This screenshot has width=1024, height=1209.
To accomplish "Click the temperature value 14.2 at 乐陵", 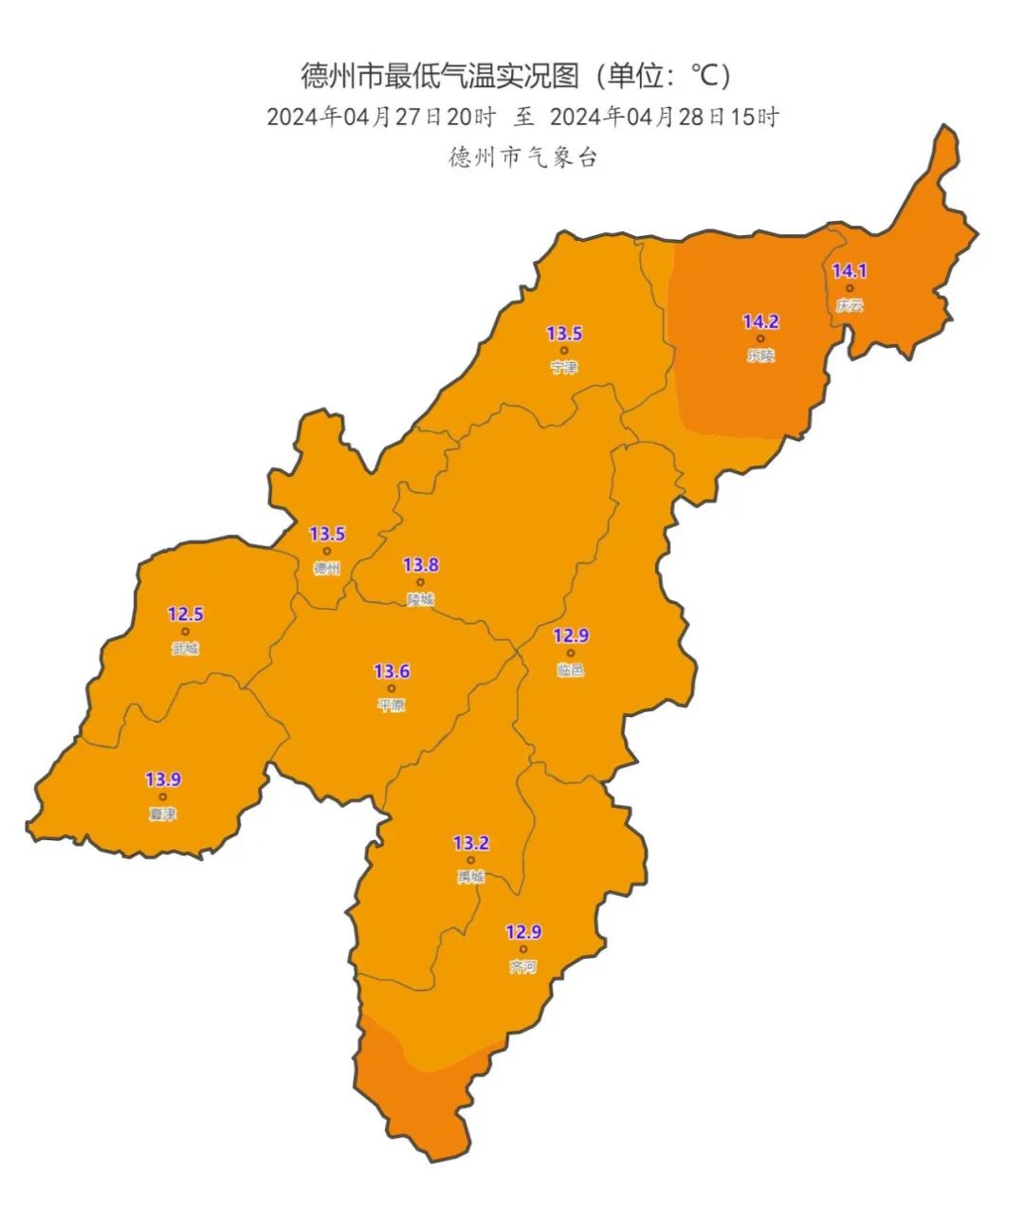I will click(x=760, y=322).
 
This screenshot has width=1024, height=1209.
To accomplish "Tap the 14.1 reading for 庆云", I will click(x=850, y=271).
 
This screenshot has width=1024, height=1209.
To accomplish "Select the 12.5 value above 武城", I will click(x=185, y=614).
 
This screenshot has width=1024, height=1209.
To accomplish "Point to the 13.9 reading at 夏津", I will click(x=163, y=779).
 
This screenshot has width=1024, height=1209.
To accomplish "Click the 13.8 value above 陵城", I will click(x=421, y=565).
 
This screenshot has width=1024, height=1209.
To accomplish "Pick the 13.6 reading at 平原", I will click(x=392, y=671).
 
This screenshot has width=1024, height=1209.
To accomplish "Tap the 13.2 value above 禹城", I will click(x=470, y=843).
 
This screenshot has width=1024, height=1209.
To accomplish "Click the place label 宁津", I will click(x=564, y=367).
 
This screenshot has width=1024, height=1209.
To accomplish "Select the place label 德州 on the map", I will click(x=327, y=568).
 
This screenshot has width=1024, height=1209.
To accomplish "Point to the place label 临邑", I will click(x=571, y=669).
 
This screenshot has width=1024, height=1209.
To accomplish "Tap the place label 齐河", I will click(x=522, y=966).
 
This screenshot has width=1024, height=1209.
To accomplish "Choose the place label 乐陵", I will click(x=760, y=356).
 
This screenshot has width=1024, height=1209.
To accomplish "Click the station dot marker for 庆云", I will click(x=850, y=288).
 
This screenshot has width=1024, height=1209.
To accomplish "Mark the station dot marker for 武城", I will click(x=185, y=632).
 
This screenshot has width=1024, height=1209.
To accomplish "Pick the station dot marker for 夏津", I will click(x=163, y=797).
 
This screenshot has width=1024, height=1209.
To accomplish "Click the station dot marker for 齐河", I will click(x=522, y=949).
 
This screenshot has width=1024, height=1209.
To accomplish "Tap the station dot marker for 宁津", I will click(x=564, y=350).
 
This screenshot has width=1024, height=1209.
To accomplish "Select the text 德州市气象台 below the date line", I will click(x=523, y=157).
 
